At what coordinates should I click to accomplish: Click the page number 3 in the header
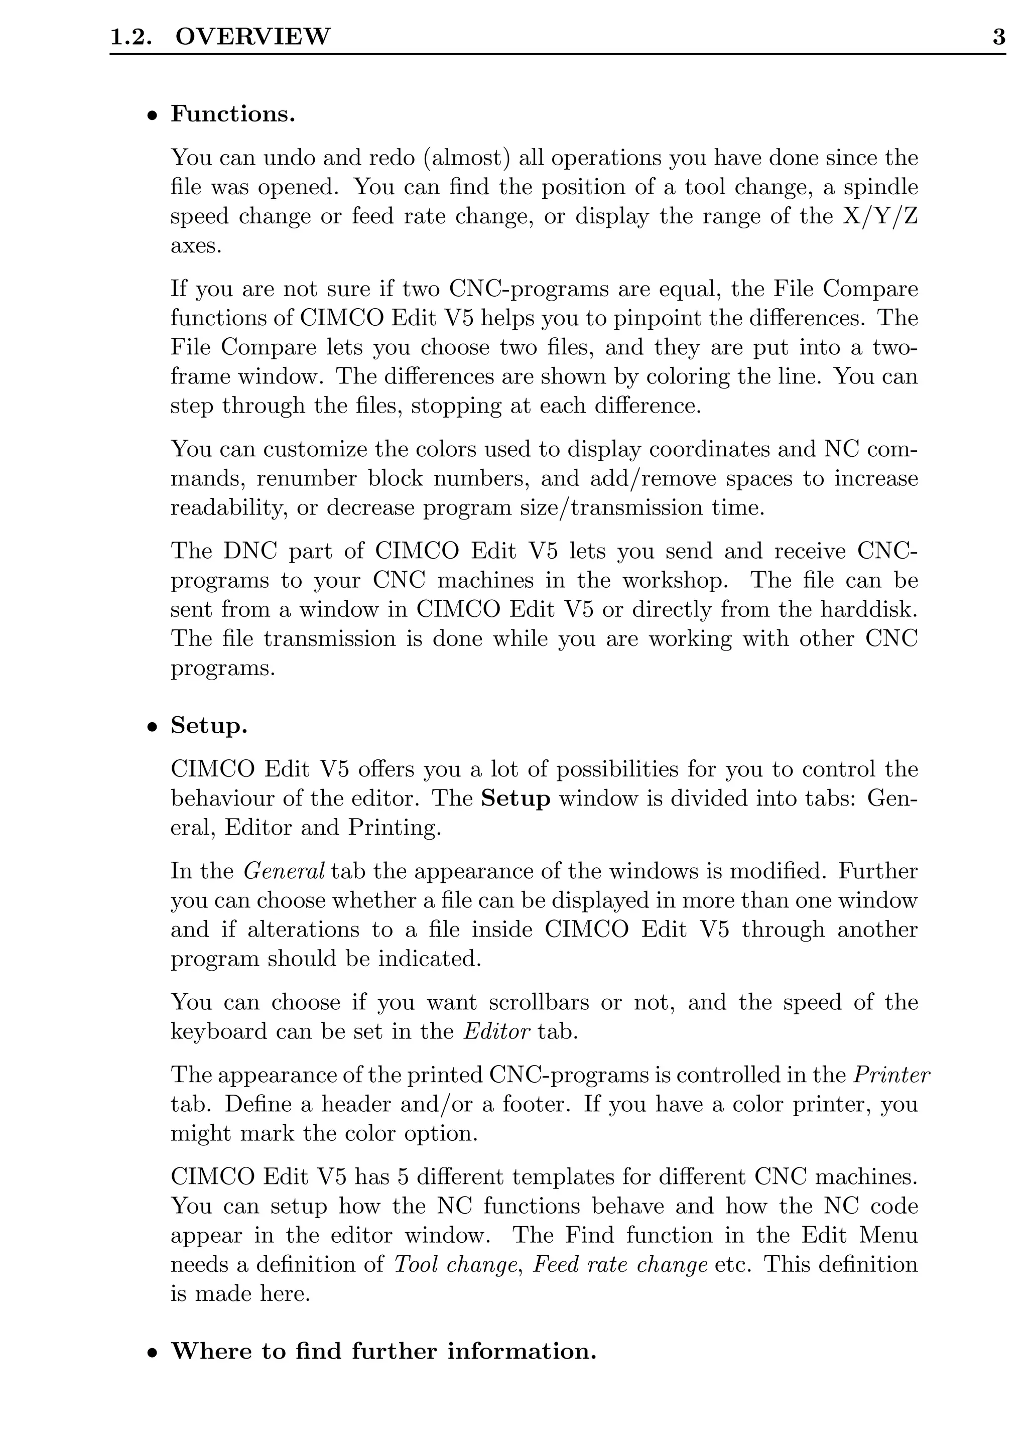998,37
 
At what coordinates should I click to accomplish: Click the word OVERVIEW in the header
252,37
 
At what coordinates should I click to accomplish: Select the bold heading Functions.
232,114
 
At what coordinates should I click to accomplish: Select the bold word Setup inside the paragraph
516,799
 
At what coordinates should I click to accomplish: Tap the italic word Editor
496,1031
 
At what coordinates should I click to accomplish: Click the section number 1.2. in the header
131,37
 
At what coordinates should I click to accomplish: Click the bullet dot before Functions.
152,116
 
